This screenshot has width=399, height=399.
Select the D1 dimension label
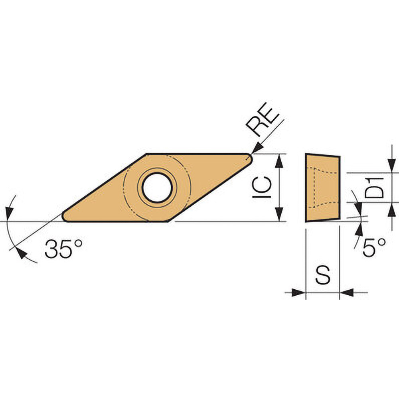click(375, 188)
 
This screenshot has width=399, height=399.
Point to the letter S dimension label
click(322, 275)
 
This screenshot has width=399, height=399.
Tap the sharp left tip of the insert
click(65, 217)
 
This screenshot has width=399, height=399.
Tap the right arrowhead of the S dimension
click(346, 292)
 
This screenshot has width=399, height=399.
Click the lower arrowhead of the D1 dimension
click(393, 209)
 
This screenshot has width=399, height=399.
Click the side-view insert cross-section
click(322, 188)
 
